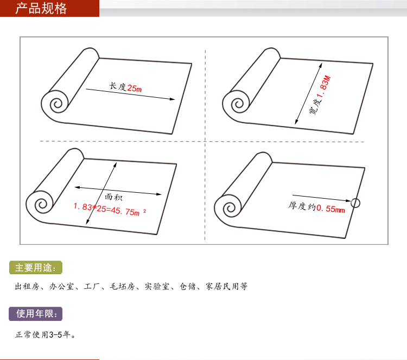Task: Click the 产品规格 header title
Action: point(41,8)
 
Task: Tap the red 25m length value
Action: point(135,89)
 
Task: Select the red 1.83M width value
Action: point(324,87)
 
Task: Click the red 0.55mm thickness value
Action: point(330,209)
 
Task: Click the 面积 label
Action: point(113,197)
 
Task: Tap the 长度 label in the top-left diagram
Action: point(118,86)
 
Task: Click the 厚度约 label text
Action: point(302,206)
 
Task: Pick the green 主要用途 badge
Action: point(36,268)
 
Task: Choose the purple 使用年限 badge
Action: point(36,314)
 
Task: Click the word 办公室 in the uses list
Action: point(62,286)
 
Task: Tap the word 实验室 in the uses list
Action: point(157,286)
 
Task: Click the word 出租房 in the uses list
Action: point(27,286)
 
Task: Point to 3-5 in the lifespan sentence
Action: point(56,334)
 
